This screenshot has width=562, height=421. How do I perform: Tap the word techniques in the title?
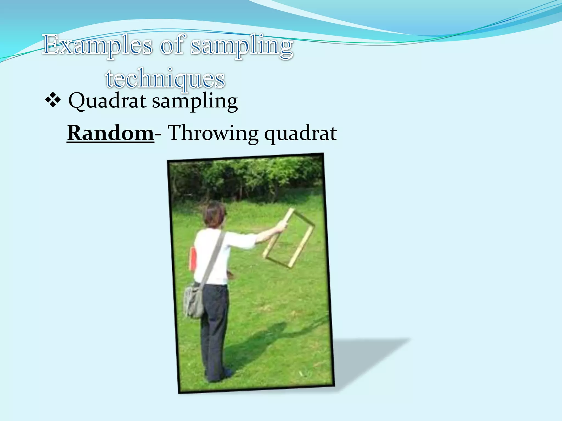[x=165, y=79]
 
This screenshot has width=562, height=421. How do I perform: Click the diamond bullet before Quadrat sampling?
[x=53, y=101]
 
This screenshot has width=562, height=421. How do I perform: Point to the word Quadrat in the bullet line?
[x=107, y=101]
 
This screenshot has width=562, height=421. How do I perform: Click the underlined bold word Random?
[x=111, y=133]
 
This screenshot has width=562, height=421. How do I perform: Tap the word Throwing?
[x=213, y=133]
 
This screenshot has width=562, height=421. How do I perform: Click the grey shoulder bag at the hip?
[x=194, y=301]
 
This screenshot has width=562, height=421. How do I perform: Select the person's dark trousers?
[x=215, y=323]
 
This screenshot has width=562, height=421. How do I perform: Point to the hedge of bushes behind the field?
[x=247, y=178]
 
